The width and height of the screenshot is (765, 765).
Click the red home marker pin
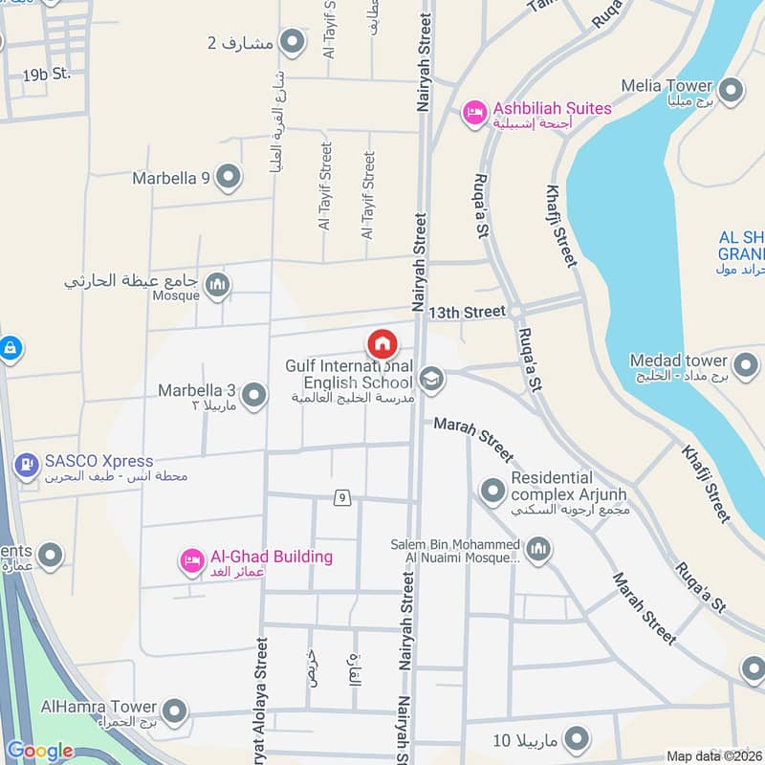[382, 342]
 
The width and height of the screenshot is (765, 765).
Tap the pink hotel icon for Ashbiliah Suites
[474, 113]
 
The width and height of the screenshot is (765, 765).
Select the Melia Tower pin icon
[732, 91]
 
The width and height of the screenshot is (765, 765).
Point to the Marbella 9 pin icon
[228, 177]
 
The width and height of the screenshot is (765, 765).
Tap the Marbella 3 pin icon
[253, 394]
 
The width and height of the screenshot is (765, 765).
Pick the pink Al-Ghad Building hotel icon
[191, 561]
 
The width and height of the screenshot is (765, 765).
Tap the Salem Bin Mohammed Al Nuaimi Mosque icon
[538, 550]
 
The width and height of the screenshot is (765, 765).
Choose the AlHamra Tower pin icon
[174, 710]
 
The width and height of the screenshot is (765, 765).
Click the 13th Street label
[467, 312]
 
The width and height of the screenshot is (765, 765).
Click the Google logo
[39, 752]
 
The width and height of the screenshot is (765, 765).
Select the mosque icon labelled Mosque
[218, 285]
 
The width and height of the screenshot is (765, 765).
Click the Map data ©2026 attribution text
[714, 756]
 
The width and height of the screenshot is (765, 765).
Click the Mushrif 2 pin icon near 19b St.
[293, 42]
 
